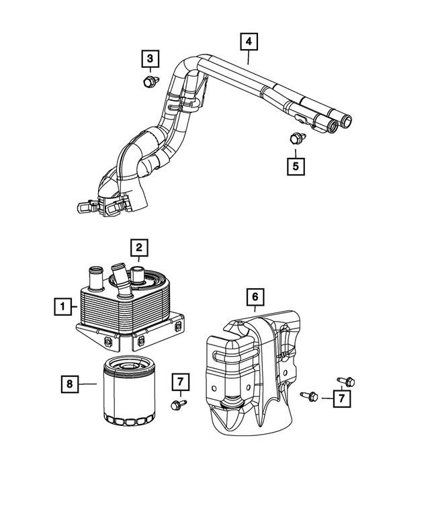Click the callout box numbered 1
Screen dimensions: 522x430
64,308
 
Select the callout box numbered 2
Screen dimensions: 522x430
139,248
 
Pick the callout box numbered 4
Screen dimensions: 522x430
249,42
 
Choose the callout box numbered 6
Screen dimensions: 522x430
255,296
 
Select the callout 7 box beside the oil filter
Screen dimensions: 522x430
180,382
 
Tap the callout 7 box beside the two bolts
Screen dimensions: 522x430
342,399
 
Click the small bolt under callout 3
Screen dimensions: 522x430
149,83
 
